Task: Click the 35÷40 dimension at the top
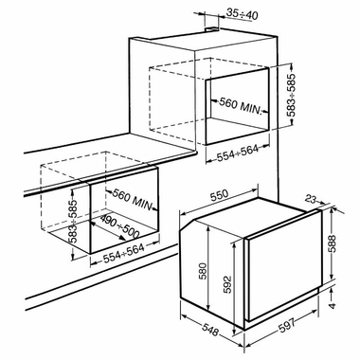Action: pyautogui.click(x=243, y=14)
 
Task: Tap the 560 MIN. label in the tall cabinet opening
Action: pyautogui.click(x=241, y=106)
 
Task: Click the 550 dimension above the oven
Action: pyautogui.click(x=219, y=194)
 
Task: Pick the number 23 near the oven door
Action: pyautogui.click(x=311, y=200)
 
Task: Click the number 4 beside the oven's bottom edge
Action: pyautogui.click(x=333, y=305)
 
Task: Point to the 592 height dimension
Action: pyautogui.click(x=227, y=285)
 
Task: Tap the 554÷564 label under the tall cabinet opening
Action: pyautogui.click(x=238, y=153)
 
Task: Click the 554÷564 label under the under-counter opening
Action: pyautogui.click(x=124, y=254)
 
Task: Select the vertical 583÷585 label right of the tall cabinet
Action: pyautogui.click(x=291, y=96)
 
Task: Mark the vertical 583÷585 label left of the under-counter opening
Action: pyautogui.click(x=73, y=222)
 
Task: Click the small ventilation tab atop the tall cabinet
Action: pyautogui.click(x=211, y=29)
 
